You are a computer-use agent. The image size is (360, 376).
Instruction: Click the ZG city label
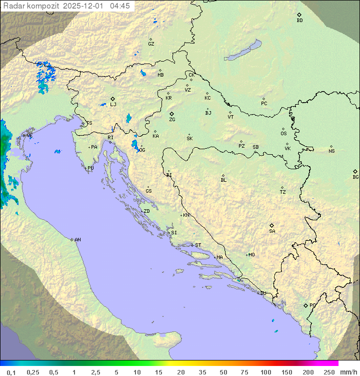(172, 120)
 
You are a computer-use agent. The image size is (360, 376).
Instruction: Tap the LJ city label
(113, 104)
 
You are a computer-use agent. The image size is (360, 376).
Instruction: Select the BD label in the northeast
(299, 21)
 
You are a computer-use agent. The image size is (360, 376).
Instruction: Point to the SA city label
(272, 231)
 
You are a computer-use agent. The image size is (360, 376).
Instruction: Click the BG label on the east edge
(355, 177)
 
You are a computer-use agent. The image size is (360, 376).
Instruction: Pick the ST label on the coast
(198, 245)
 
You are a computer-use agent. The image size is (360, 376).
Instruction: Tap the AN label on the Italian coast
(77, 240)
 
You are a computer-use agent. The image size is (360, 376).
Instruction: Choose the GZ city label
(151, 44)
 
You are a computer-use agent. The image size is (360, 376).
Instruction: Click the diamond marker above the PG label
(305, 305)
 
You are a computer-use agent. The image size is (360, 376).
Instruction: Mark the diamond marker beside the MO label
(246, 255)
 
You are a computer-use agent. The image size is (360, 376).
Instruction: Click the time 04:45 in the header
(120, 6)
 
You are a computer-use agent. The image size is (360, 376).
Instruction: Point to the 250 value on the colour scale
(329, 372)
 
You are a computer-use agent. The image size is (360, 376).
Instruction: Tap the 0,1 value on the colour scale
(11, 372)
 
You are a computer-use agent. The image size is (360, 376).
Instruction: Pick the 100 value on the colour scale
(266, 372)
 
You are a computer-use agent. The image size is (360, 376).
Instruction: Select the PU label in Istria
(90, 168)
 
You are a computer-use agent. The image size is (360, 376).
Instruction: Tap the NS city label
(331, 151)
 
